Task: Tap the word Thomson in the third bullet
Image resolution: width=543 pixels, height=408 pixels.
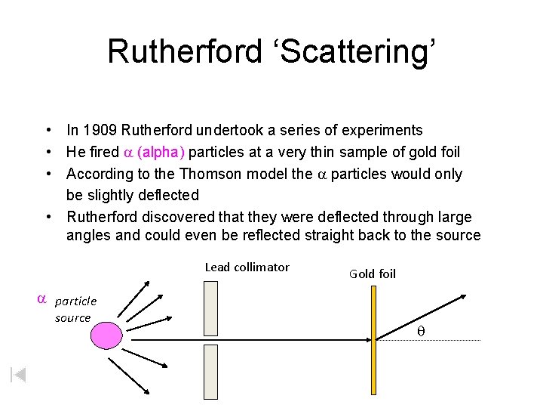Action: click(x=232, y=174)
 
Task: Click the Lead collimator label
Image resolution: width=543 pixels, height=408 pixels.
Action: click(x=247, y=267)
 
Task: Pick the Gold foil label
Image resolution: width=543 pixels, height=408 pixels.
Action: click(x=372, y=274)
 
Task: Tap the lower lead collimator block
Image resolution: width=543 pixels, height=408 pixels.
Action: click(x=211, y=372)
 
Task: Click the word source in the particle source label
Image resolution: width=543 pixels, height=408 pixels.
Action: click(x=72, y=318)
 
